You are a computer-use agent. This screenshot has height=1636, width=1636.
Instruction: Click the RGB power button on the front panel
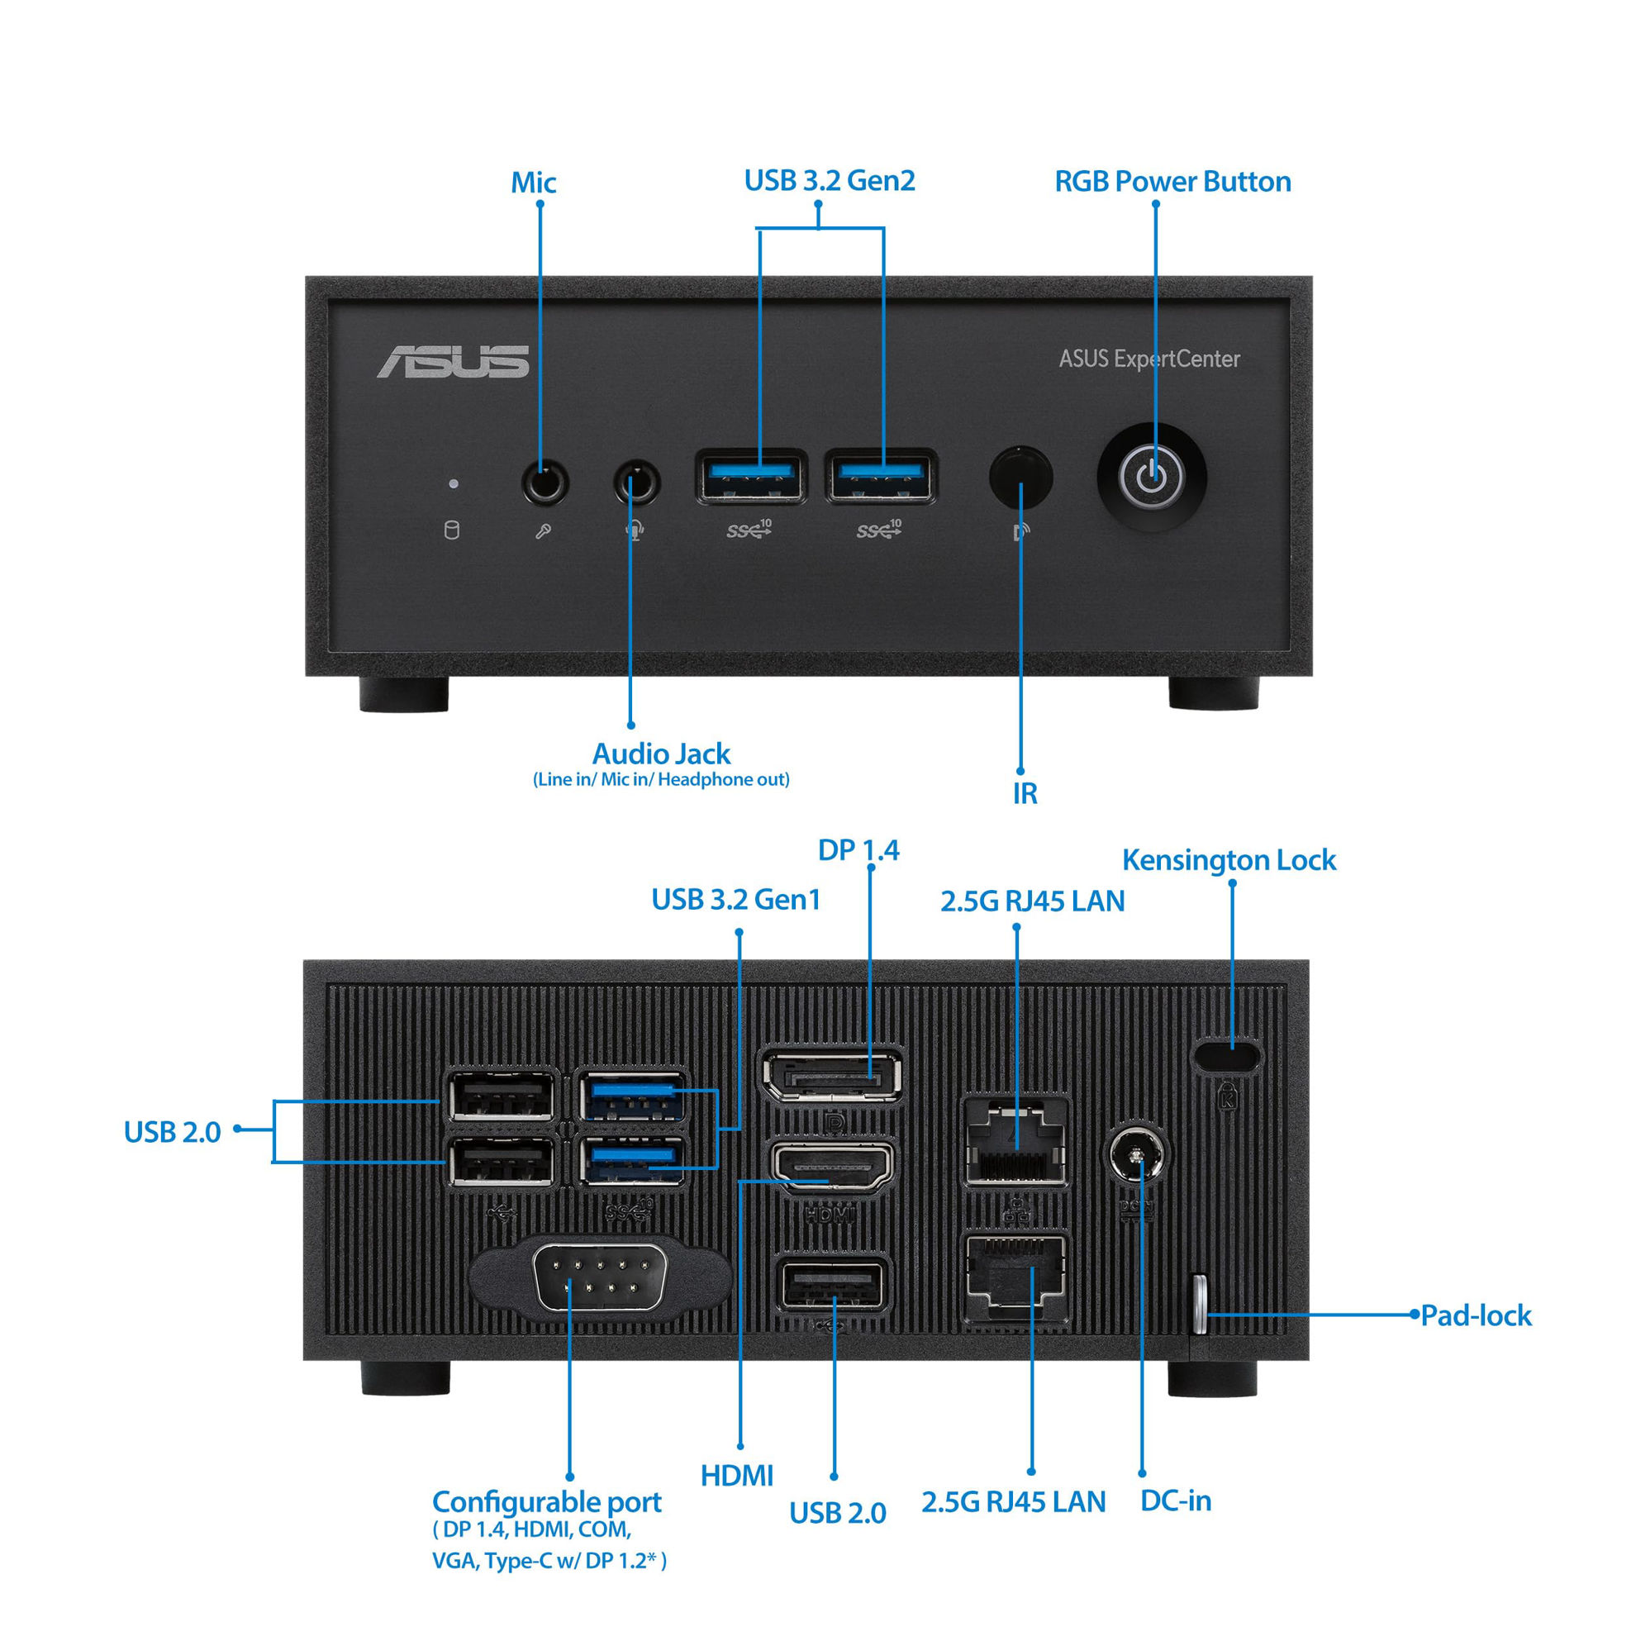tap(1151, 477)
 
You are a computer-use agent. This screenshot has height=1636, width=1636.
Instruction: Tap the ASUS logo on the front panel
tap(453, 362)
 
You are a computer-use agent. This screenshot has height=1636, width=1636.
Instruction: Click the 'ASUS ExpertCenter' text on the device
tap(1149, 359)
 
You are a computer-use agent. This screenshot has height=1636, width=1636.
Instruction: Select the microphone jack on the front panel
tap(545, 483)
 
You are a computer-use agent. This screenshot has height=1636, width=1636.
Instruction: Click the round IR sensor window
tap(1020, 476)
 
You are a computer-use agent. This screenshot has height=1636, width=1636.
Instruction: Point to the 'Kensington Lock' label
tap(1229, 860)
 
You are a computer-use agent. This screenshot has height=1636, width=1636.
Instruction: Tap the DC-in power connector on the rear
tap(1138, 1156)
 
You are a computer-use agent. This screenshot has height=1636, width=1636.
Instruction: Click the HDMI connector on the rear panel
tap(831, 1167)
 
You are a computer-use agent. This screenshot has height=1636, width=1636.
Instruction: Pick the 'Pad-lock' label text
tap(1476, 1316)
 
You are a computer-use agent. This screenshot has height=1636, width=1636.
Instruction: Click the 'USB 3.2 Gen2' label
tap(829, 180)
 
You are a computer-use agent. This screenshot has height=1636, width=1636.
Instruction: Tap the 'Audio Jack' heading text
tap(660, 754)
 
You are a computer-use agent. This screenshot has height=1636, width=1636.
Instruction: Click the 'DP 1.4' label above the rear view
tap(858, 850)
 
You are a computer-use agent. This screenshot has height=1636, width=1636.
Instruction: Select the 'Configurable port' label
tap(546, 1502)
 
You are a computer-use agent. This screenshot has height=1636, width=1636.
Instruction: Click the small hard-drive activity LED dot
tap(454, 483)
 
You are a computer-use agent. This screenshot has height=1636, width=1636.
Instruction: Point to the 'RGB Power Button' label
tap(1172, 181)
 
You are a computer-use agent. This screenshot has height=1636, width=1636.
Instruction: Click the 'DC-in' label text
tap(1175, 1500)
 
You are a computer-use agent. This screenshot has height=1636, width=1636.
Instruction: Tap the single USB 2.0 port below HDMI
tap(831, 1286)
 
